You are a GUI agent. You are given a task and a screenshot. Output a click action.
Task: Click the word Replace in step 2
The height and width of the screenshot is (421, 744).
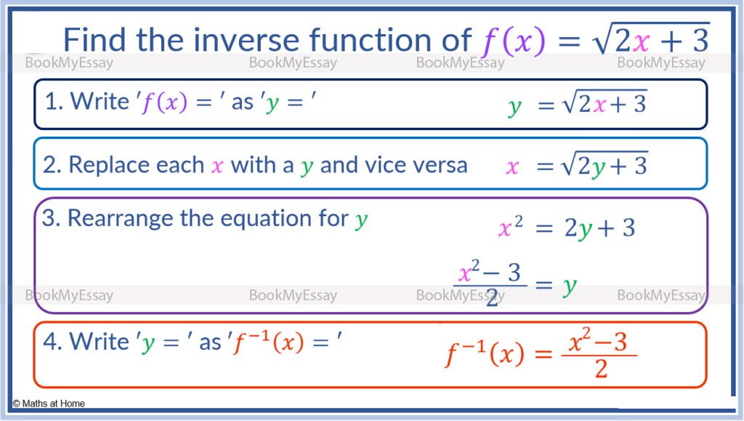[x=136, y=166]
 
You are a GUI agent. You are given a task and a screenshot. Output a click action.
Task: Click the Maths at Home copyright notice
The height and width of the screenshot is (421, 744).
[x=49, y=404]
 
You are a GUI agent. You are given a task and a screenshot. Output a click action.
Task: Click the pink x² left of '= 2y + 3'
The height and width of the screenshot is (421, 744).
[x=511, y=228]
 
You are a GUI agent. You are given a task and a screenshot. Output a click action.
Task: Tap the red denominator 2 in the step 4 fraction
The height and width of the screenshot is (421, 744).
[x=601, y=369]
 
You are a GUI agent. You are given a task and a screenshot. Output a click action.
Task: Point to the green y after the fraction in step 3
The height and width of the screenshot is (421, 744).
[x=570, y=286]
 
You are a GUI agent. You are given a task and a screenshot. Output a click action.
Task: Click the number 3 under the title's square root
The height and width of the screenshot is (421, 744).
[x=700, y=40]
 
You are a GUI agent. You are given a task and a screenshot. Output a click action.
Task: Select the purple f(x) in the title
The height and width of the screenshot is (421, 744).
[x=514, y=41]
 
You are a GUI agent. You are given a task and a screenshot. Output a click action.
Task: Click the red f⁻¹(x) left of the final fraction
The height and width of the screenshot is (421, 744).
[x=485, y=353]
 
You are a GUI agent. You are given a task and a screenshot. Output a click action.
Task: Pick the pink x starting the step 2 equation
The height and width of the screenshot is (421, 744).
[x=512, y=167]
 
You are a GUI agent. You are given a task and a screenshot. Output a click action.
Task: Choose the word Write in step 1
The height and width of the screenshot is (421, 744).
[x=100, y=102]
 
